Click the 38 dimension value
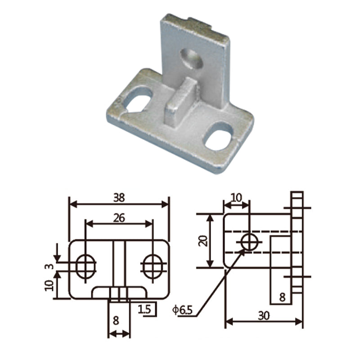coord(119,198)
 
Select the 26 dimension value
coord(119,218)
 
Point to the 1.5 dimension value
coord(144,310)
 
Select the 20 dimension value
coord(203,241)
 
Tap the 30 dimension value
coord(264,316)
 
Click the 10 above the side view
coord(237,198)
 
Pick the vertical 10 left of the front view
coord(49,285)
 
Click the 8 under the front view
coord(116,320)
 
